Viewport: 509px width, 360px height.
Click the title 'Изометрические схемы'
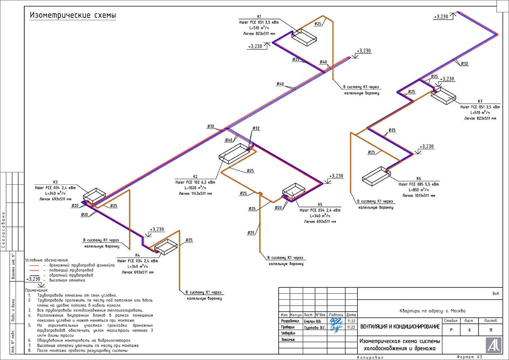pos(73,16)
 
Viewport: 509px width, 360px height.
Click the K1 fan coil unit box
pos(304,37)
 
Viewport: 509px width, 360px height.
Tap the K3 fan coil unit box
pos(94,195)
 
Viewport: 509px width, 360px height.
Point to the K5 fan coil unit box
pos(294,191)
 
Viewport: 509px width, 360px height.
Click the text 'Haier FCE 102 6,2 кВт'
pos(195,182)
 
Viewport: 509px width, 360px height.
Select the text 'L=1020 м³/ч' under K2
pos(195,188)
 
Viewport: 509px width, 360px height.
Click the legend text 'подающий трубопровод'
pos(68,270)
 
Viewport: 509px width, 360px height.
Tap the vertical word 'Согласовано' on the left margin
pos(4,229)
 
